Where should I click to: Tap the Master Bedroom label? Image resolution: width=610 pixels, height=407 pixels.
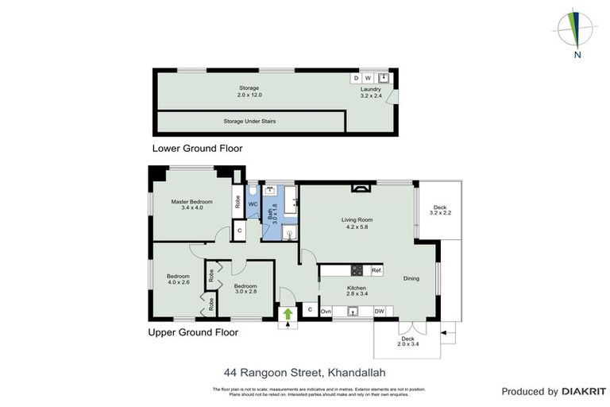point(191,204)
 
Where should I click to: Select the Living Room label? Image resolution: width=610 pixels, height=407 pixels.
point(357,223)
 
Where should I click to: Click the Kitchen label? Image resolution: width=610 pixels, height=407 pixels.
point(355,290)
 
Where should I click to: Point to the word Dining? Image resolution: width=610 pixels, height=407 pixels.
point(411,278)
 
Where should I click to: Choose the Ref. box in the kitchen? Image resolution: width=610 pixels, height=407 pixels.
point(376,270)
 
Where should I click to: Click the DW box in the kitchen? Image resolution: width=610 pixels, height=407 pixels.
point(380,311)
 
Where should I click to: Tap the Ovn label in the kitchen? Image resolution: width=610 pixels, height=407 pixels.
point(326,311)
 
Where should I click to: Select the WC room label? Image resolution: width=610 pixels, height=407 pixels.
point(253,204)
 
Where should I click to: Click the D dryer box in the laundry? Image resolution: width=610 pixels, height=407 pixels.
point(356,78)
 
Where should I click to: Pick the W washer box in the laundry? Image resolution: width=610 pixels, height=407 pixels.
point(368,78)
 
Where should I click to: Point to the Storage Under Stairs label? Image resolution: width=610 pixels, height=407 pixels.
point(249,121)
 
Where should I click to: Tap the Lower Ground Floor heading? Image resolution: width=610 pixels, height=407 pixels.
point(197,148)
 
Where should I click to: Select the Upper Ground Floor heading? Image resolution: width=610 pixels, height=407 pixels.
point(195,332)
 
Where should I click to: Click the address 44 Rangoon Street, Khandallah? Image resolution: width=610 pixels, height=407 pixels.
point(304,371)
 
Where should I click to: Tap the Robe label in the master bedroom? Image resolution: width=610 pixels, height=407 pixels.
point(237,202)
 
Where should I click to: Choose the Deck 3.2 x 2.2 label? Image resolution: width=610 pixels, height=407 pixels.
point(440,211)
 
